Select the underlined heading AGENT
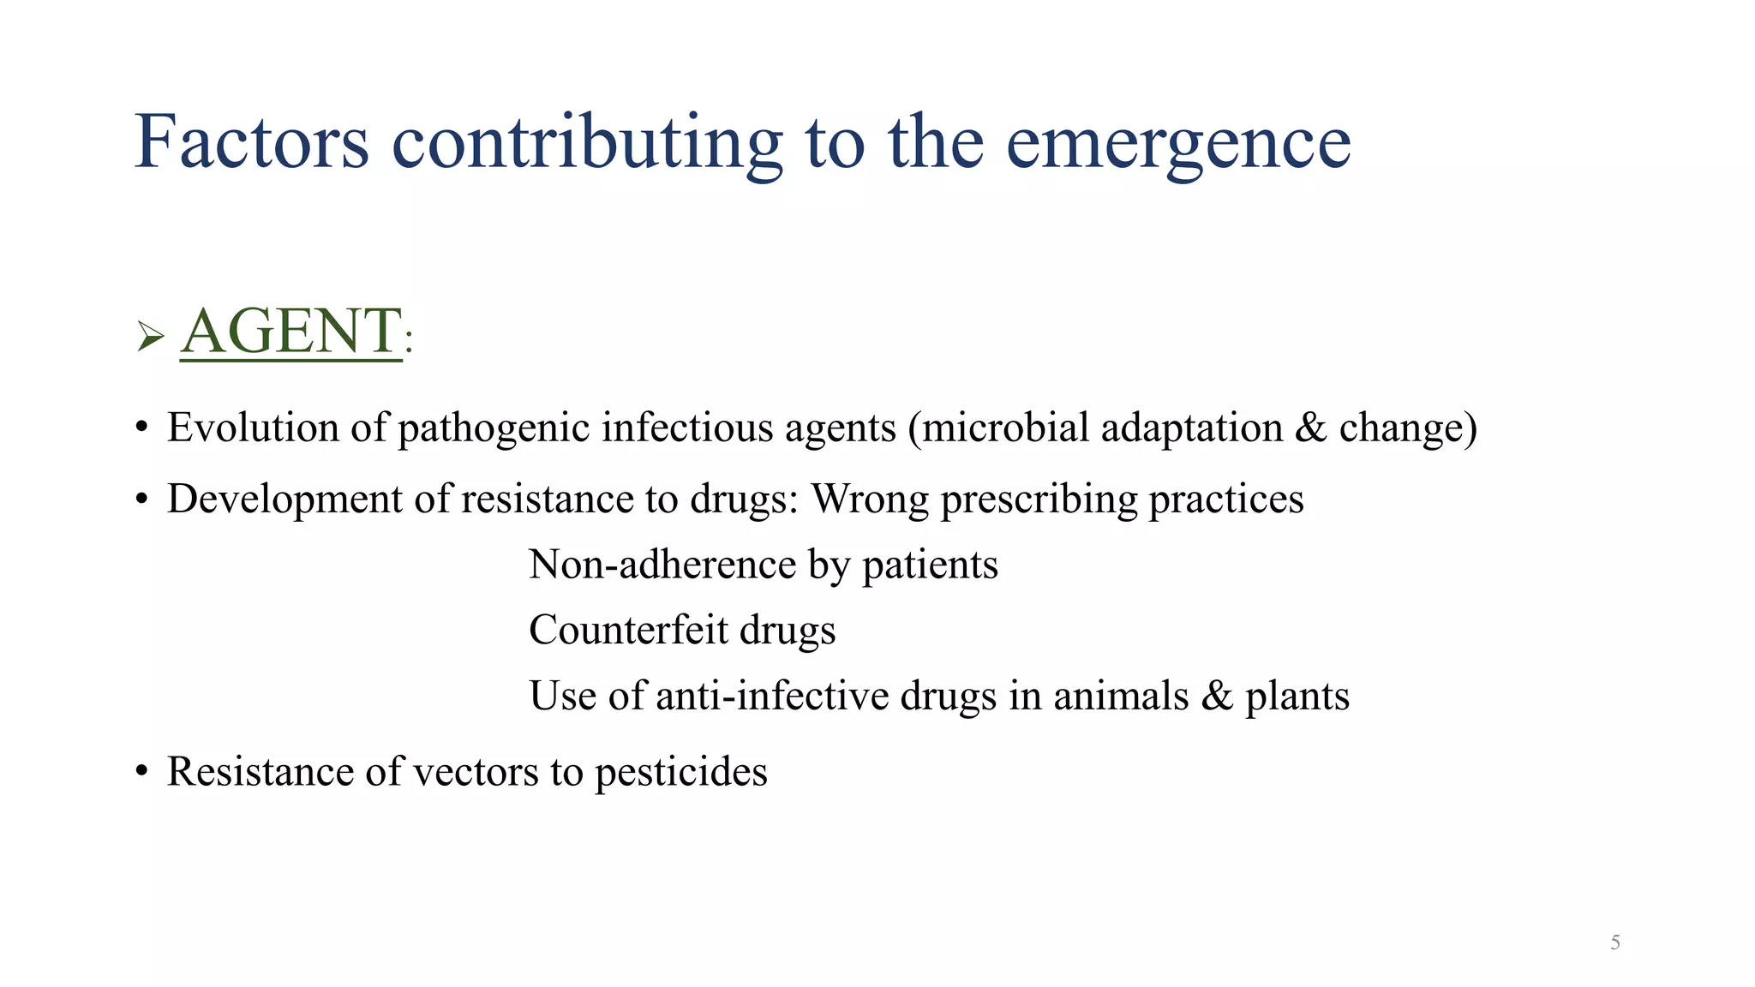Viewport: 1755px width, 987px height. click(291, 332)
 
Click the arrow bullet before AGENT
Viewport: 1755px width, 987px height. click(150, 337)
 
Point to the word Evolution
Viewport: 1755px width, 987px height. click(253, 428)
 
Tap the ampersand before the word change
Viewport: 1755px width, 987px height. click(1310, 428)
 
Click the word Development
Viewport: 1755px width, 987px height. click(285, 499)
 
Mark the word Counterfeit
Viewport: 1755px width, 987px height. click(628, 631)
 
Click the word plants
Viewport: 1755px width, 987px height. click(1297, 697)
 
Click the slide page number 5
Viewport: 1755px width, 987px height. click(1614, 942)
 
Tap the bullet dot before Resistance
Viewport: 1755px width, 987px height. click(141, 772)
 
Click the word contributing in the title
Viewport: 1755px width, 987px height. click(587, 142)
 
